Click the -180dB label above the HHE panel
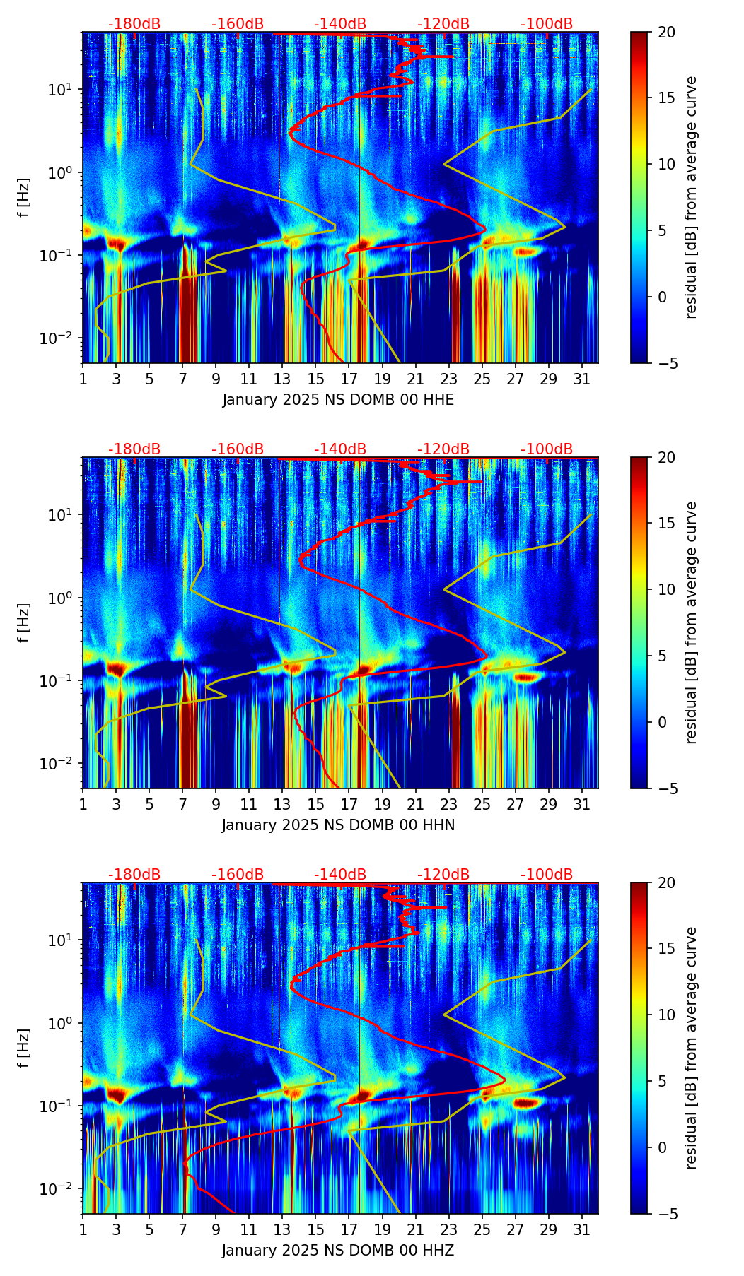click(x=134, y=24)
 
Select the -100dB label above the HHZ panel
click(x=547, y=875)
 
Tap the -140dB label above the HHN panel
click(x=340, y=449)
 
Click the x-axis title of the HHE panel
click(x=338, y=400)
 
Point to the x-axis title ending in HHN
click(x=338, y=825)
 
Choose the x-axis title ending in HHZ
click(x=338, y=1251)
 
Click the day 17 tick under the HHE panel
click(x=349, y=378)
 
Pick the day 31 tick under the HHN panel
click(x=582, y=803)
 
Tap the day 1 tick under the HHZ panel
click(x=83, y=1229)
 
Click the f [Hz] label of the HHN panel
click(x=24, y=622)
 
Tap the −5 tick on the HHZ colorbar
click(x=665, y=1214)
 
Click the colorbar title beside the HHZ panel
click(x=692, y=1048)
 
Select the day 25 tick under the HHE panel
click(x=482, y=378)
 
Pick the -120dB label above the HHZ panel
click(x=443, y=875)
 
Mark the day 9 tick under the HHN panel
click(x=216, y=803)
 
